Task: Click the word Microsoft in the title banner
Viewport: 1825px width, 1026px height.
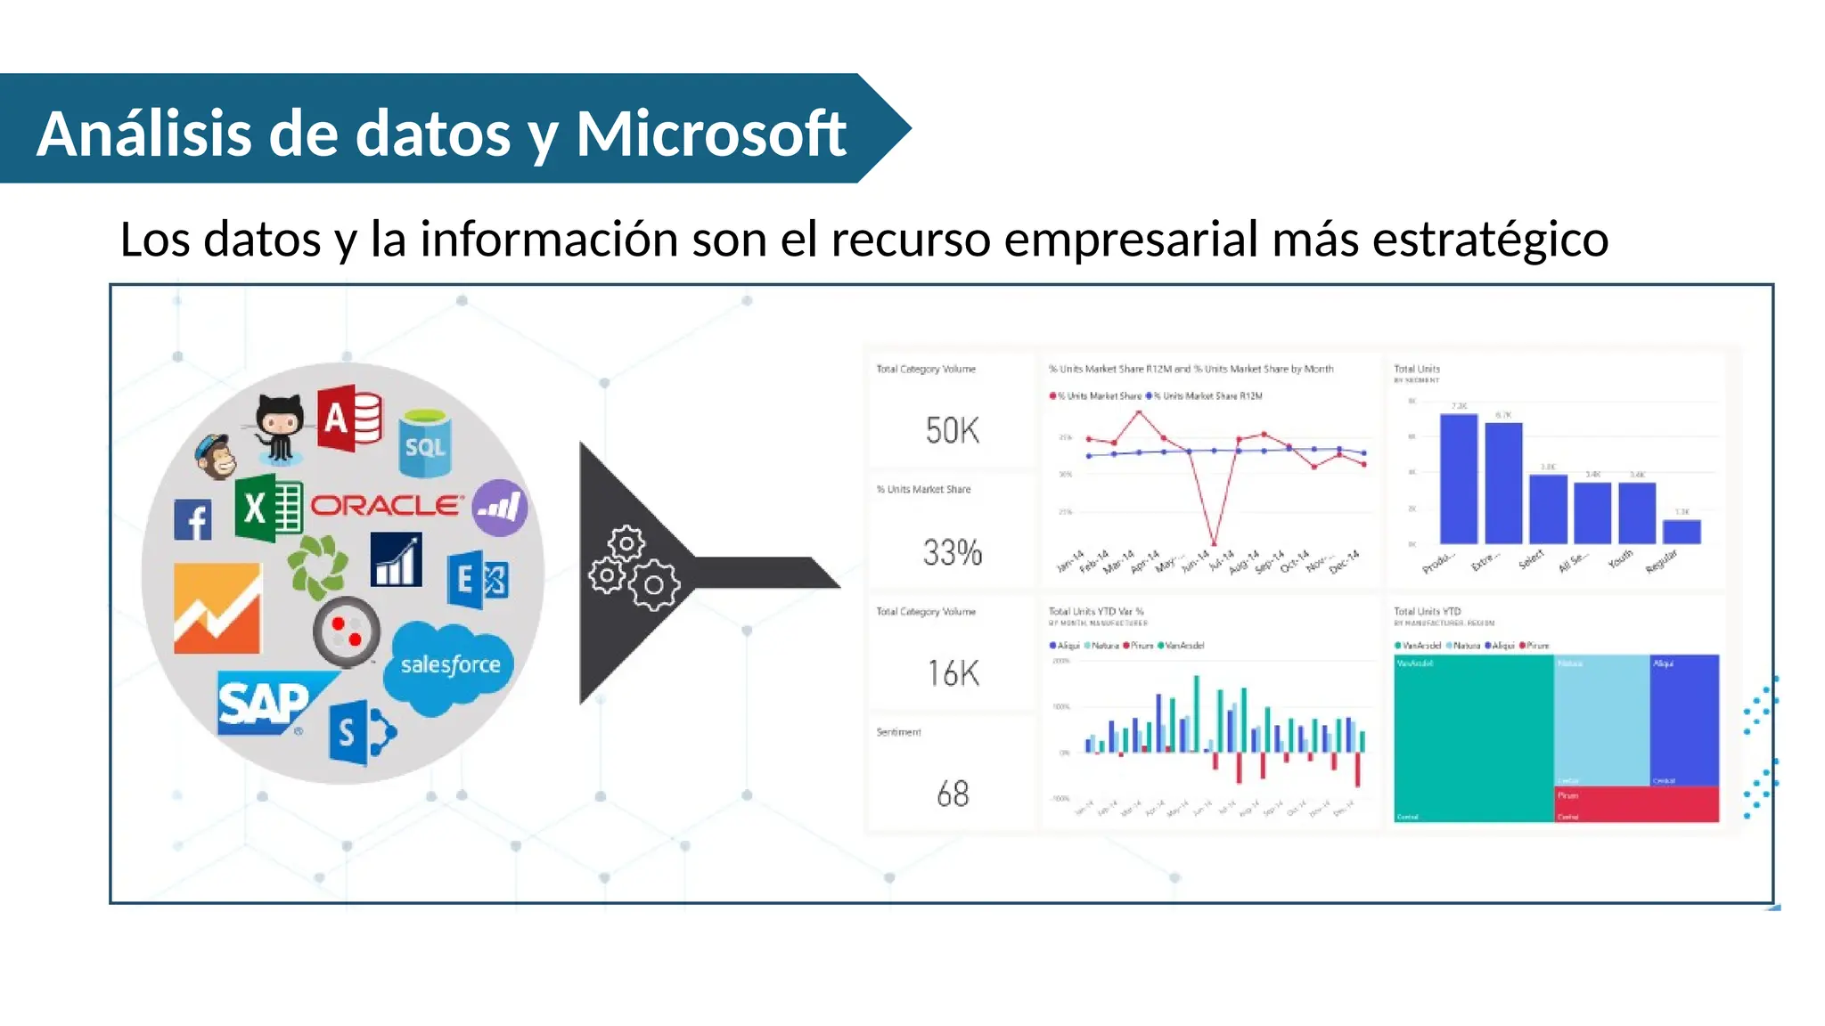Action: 710,134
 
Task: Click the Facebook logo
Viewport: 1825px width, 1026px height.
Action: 192,520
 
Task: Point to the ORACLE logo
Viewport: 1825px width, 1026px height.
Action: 387,506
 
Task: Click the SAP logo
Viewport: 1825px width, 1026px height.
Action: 266,704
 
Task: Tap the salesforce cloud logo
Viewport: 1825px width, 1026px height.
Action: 449,666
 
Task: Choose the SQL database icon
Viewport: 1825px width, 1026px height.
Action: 425,443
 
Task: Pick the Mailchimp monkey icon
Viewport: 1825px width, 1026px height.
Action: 217,457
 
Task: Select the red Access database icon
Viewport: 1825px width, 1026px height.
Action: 348,418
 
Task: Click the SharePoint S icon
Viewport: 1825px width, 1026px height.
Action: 359,732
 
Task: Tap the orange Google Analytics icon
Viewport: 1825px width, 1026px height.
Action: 217,608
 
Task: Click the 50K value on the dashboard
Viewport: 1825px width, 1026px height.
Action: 952,431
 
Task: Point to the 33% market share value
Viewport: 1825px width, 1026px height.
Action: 952,553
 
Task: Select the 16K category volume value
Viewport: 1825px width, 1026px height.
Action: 952,673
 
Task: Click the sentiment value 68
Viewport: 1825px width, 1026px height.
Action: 952,794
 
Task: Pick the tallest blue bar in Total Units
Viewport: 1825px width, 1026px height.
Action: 1458,478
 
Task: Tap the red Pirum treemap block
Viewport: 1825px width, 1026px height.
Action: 1637,804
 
